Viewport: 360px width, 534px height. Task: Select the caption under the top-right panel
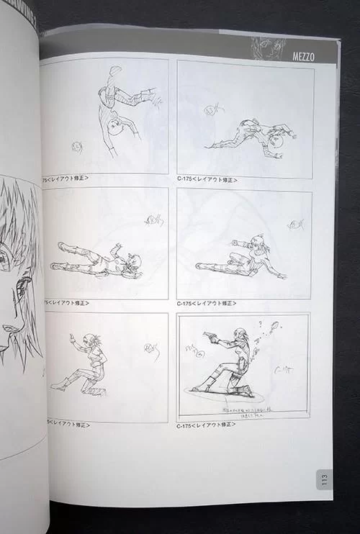207,180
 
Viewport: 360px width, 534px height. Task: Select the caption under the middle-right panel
207,304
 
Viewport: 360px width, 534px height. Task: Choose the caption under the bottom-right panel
207,427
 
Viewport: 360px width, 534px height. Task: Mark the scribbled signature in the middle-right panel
294,225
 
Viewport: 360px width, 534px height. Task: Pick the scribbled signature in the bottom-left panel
150,350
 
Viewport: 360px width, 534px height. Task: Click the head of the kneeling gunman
240,337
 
